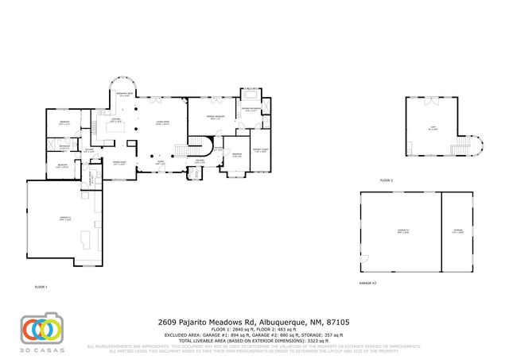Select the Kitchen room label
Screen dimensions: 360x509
115,121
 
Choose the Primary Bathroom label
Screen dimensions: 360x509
251,110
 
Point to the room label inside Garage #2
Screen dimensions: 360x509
402,231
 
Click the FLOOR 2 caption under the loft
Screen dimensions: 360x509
387,180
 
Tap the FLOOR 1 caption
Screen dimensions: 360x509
41,286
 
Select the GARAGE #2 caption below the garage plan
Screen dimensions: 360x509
367,283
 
